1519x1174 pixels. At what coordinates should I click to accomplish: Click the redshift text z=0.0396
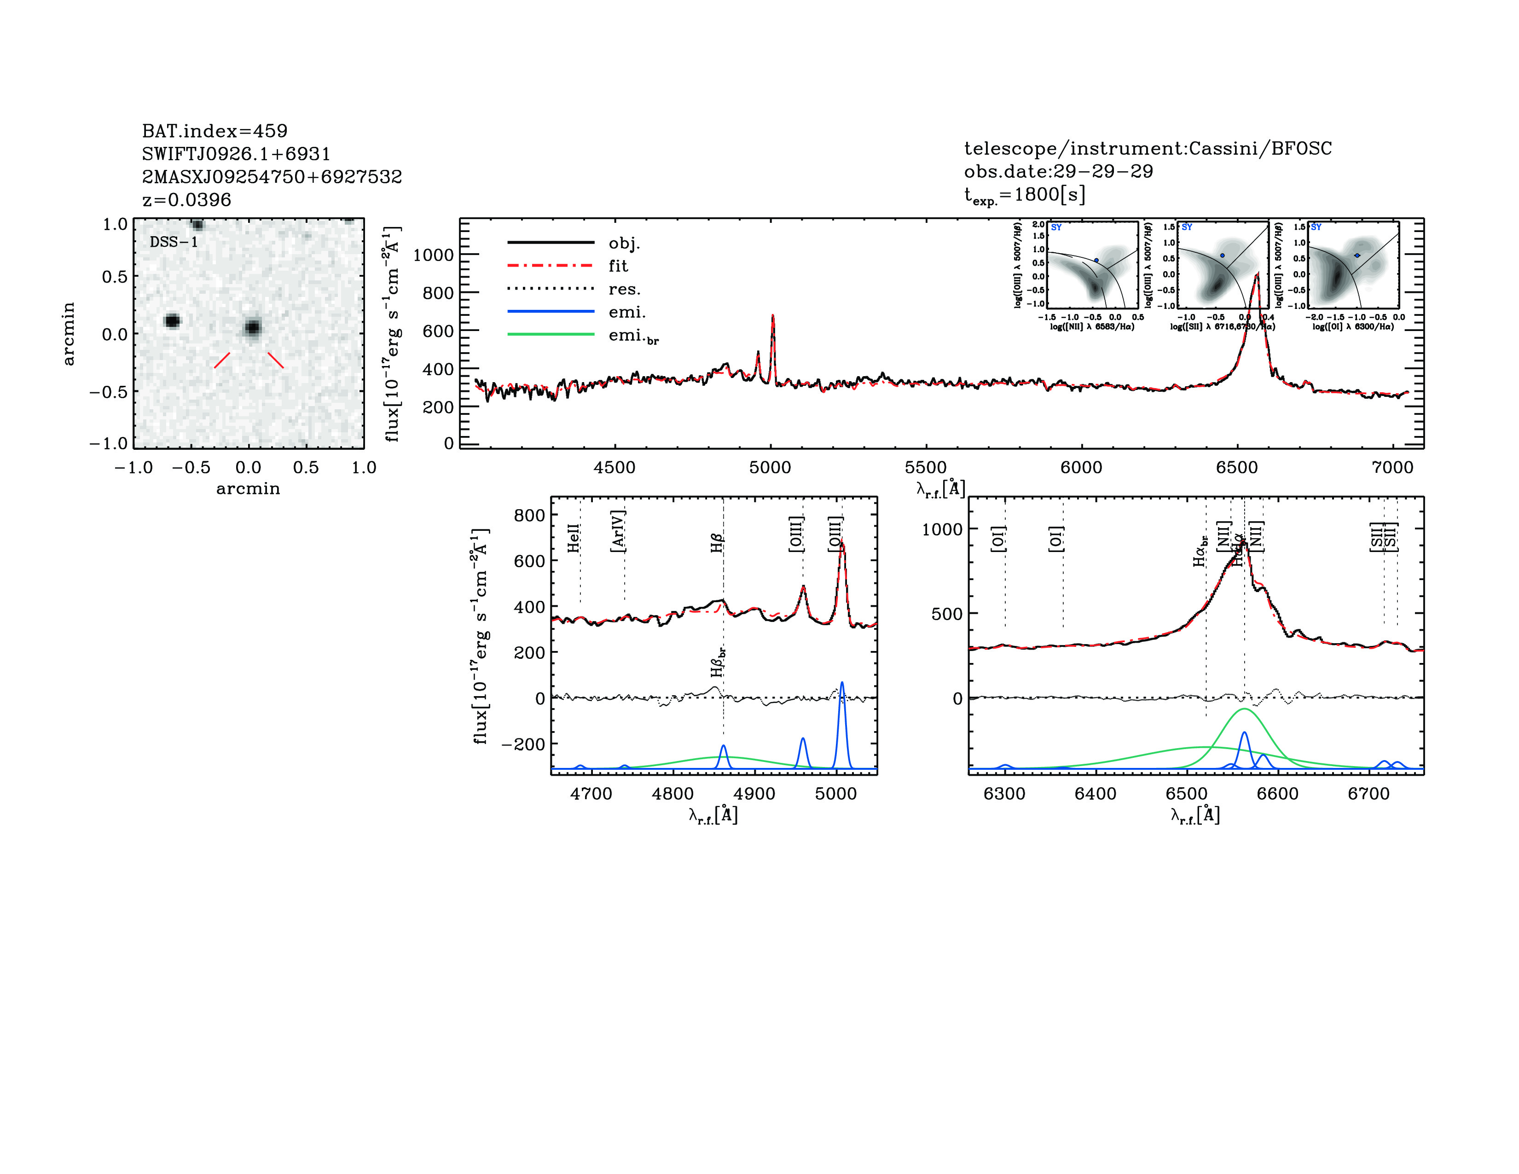pyautogui.click(x=186, y=200)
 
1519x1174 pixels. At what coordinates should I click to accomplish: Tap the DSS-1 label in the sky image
pyautogui.click(x=174, y=242)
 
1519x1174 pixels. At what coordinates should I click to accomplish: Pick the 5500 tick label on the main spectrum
pyautogui.click(x=926, y=467)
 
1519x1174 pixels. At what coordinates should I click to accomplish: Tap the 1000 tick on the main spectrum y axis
pyautogui.click(x=433, y=255)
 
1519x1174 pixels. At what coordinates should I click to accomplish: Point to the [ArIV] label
pyautogui.click(x=618, y=531)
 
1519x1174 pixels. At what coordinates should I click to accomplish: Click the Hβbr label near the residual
pyautogui.click(x=718, y=662)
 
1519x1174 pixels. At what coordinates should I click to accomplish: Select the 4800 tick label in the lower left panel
pyautogui.click(x=673, y=794)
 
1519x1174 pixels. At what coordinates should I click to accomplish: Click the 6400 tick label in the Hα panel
pyautogui.click(x=1096, y=794)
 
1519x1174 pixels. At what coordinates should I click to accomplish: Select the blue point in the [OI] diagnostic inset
pyautogui.click(x=1357, y=255)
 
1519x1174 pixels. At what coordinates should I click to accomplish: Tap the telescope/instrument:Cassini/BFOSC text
pyautogui.click(x=1148, y=148)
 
